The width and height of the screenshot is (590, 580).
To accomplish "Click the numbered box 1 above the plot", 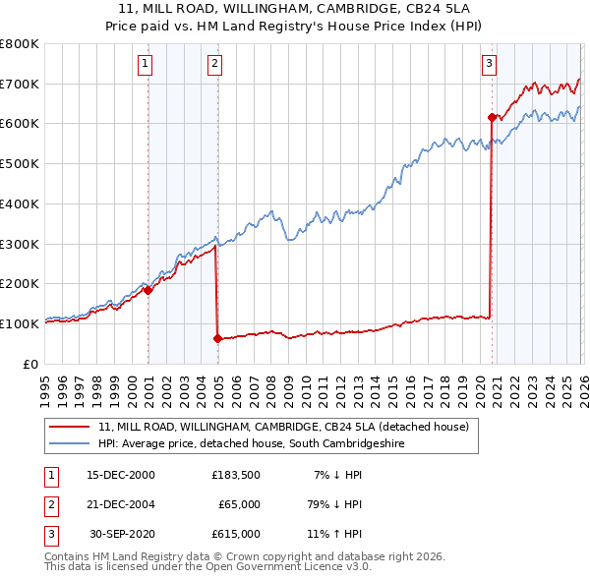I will point(145,65).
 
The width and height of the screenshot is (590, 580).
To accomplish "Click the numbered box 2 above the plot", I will point(214,65).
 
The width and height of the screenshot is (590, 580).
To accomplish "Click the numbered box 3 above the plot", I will point(489,65).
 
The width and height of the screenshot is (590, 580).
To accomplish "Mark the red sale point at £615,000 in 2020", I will point(491,117).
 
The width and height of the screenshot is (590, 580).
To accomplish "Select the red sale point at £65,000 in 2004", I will point(217,338).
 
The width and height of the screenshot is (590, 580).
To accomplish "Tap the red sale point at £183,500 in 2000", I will point(148,290).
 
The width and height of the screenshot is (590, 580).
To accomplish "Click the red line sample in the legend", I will point(69,428).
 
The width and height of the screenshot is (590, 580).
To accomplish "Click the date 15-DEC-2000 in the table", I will point(121,475).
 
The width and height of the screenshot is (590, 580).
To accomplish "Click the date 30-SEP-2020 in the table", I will point(121,534).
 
